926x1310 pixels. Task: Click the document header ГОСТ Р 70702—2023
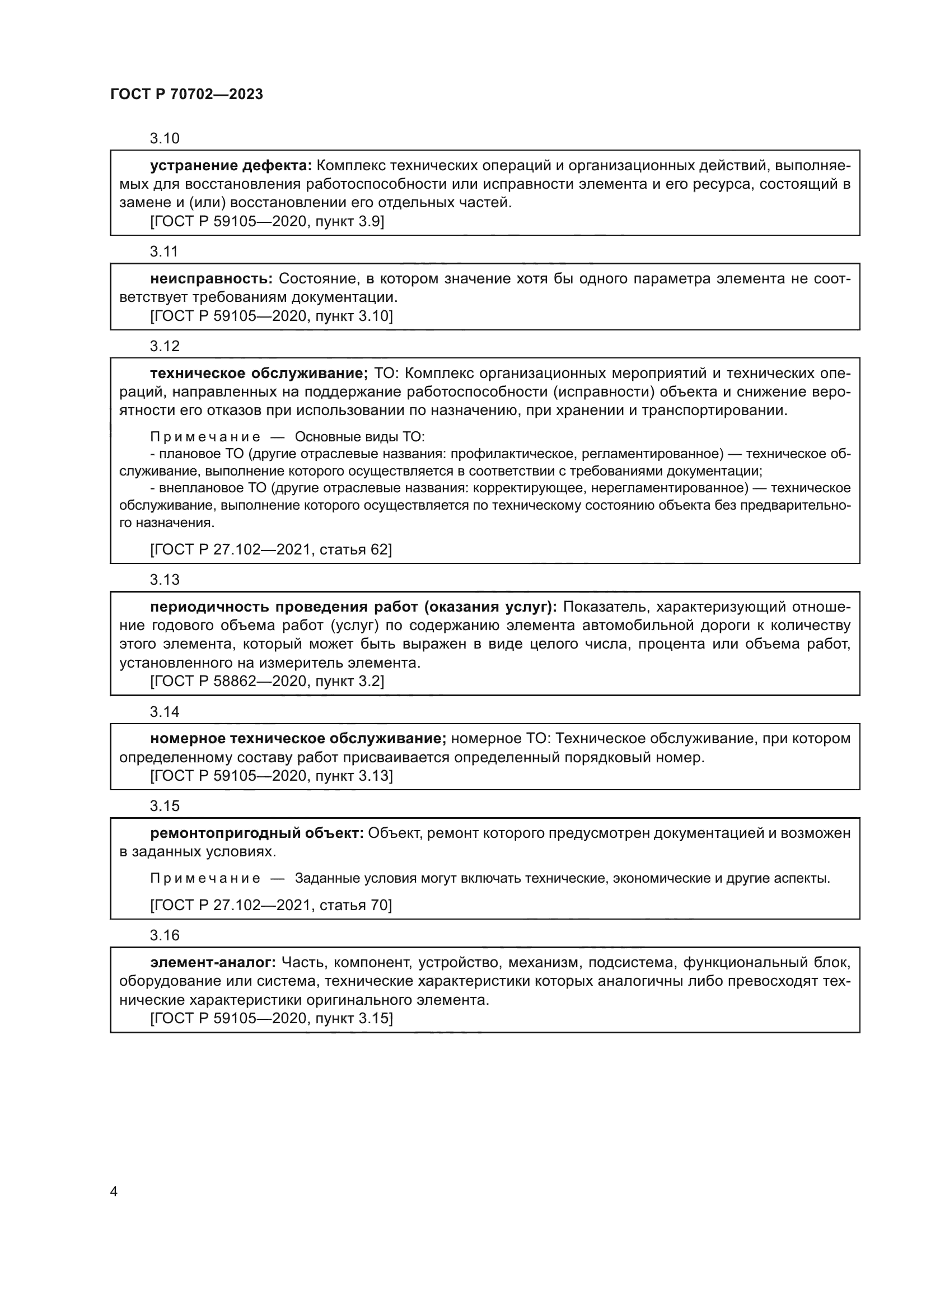pos(186,94)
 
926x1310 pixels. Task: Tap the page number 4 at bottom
pos(114,1191)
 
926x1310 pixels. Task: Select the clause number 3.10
pos(164,138)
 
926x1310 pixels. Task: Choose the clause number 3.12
pos(164,346)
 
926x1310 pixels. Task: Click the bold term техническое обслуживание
pos(259,374)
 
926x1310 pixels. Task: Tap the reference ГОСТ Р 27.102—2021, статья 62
pos(271,549)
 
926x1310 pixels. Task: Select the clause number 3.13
pos(164,580)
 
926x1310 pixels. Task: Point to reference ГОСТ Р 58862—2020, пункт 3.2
pos(267,681)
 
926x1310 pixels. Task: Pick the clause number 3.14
pos(164,711)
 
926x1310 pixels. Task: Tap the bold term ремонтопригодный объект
pos(256,833)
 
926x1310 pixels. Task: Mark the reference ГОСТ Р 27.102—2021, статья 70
pos(271,905)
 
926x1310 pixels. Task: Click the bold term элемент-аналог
pos(213,963)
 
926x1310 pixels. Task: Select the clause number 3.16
pos(164,935)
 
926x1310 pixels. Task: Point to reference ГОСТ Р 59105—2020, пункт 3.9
pos(267,221)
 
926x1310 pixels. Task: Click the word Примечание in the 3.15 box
pos(205,878)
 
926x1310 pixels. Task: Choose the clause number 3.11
pos(164,251)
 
